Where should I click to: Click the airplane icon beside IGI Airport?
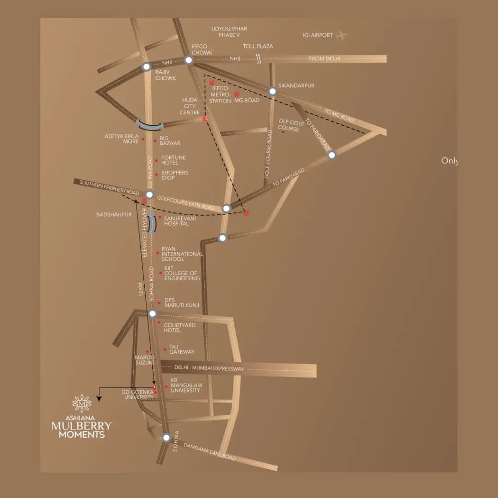click(341, 35)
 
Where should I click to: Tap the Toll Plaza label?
click(258, 46)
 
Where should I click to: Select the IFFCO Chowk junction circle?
click(189, 60)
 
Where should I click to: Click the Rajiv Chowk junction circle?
click(146, 66)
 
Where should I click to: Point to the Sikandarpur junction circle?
click(273, 91)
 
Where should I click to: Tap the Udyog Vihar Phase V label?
click(229, 32)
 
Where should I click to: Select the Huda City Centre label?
click(190, 106)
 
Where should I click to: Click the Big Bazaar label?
click(170, 141)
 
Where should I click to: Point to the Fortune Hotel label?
click(173, 160)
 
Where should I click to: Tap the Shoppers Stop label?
click(174, 175)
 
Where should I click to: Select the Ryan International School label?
click(182, 254)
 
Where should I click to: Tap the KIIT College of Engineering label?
click(182, 273)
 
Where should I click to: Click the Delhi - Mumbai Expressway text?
click(209, 368)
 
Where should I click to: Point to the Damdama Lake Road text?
click(210, 452)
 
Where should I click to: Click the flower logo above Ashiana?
click(82, 403)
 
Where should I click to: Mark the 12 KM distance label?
click(142, 289)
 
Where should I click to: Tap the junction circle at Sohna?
click(166, 438)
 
